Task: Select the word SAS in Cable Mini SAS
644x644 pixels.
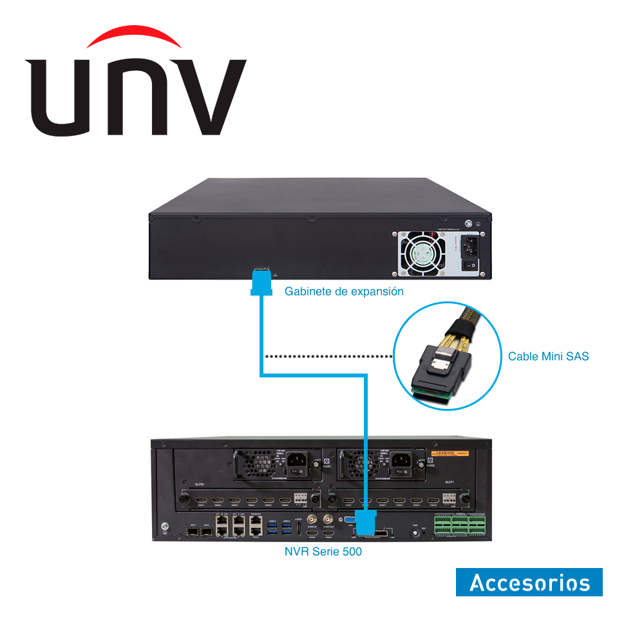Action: pos(576,356)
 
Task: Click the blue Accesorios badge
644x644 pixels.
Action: pos(529,582)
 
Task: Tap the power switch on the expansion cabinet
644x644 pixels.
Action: pos(471,264)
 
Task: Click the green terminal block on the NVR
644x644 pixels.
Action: pos(459,525)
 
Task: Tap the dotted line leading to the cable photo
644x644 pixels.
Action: pos(328,356)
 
